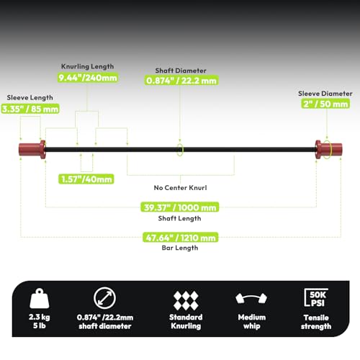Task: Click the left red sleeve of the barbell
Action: [x=32, y=149]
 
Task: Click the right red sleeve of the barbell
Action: [x=328, y=149]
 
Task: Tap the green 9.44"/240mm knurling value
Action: [x=88, y=78]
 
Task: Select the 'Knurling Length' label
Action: [x=87, y=66]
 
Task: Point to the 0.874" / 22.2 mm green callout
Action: [x=181, y=81]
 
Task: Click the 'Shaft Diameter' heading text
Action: [x=181, y=71]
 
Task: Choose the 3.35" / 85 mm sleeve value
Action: [x=30, y=109]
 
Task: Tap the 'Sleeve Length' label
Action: [x=30, y=97]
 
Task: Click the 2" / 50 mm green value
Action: [x=325, y=104]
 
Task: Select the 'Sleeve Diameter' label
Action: [x=325, y=94]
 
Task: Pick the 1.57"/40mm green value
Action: [x=86, y=179]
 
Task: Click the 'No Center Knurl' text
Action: [x=180, y=188]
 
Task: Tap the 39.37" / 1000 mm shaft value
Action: [x=180, y=207]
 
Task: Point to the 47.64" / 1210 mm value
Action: [x=181, y=238]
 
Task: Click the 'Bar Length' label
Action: [x=180, y=248]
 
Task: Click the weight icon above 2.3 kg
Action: [x=40, y=298]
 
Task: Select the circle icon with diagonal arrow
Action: [x=104, y=298]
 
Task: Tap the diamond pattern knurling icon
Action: [x=186, y=300]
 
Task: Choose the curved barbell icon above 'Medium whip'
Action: [x=251, y=299]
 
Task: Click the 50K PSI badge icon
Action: [x=316, y=297]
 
